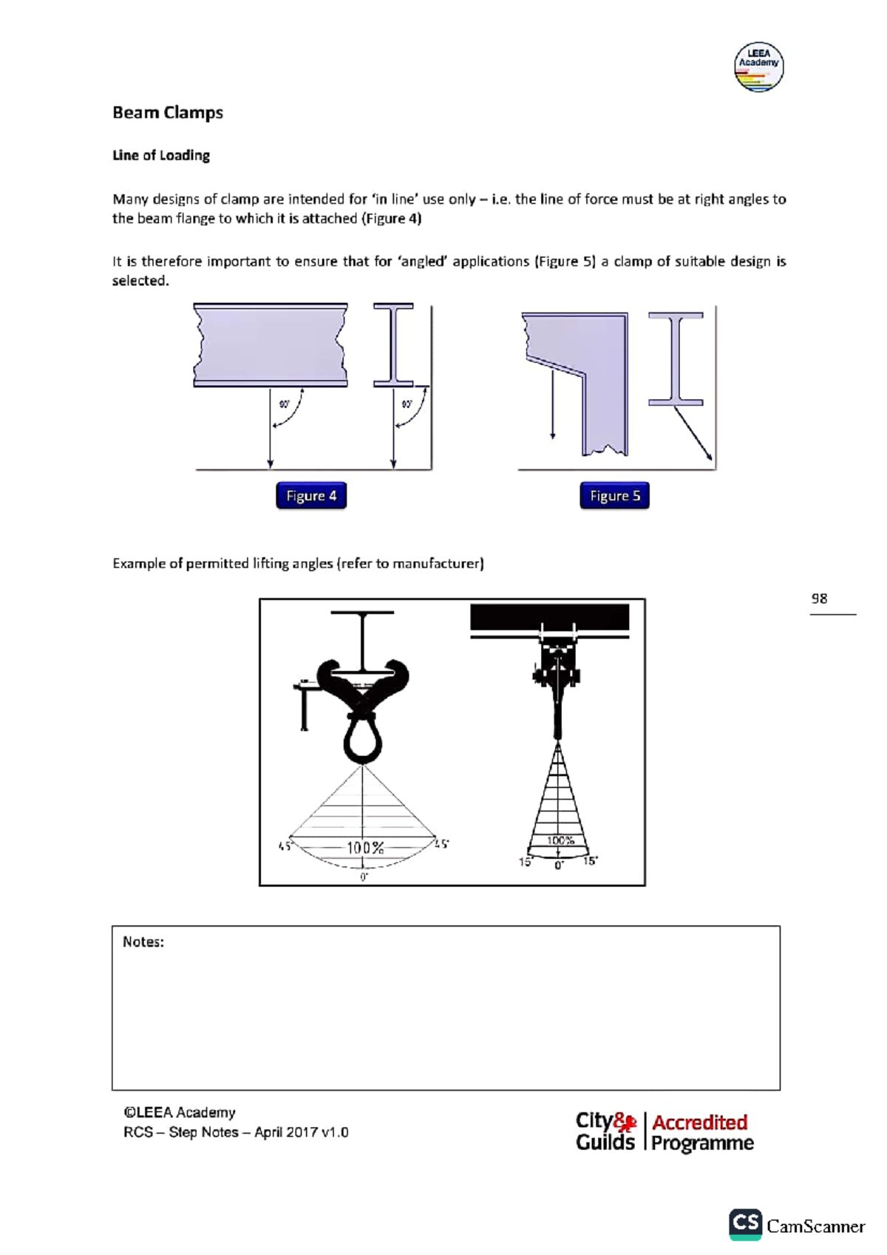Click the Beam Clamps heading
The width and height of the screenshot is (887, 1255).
pos(167,112)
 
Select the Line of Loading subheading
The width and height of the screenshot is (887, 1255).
pos(160,155)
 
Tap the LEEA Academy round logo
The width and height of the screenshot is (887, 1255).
pos(758,67)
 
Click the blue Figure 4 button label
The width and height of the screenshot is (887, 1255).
pos(311,496)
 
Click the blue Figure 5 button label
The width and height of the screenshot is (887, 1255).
pos(614,496)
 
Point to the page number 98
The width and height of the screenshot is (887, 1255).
pos(819,599)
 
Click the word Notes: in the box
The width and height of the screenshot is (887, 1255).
pos(143,942)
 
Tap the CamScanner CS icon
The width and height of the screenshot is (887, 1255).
pos(745,1225)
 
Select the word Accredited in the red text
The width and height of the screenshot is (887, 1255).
pos(699,1122)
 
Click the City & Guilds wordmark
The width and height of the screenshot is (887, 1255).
pos(605,1132)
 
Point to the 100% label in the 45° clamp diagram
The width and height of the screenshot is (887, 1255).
pos(365,848)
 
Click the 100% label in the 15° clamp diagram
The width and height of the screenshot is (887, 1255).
pos(560,840)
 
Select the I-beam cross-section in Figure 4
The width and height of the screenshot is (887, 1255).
pos(393,344)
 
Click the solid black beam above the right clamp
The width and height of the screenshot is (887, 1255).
pos(549,616)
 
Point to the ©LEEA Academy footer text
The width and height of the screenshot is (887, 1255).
pos(180,1112)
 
